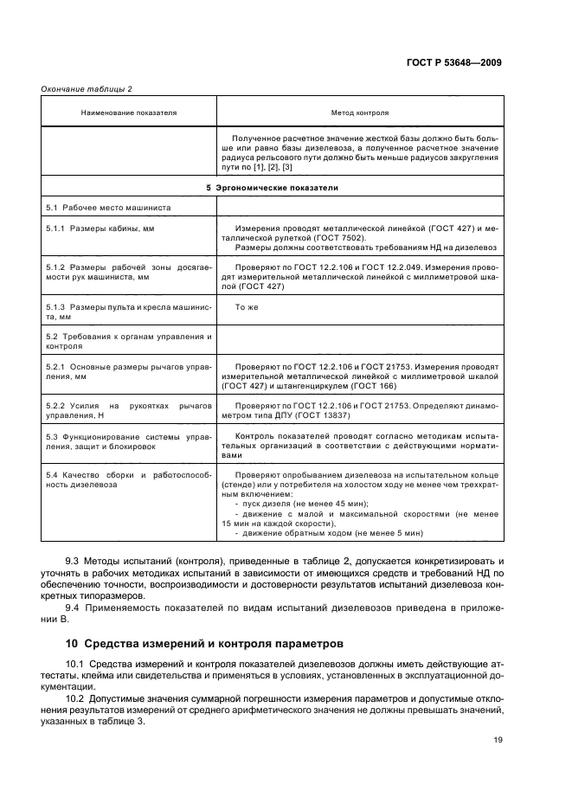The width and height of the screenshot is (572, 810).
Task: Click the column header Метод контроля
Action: (x=360, y=112)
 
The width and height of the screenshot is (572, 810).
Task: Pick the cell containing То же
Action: (x=247, y=306)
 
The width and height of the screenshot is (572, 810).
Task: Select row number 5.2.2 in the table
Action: (x=58, y=405)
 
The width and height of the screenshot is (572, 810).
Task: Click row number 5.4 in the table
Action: (x=52, y=477)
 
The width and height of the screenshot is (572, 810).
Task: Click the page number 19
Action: (x=497, y=739)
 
